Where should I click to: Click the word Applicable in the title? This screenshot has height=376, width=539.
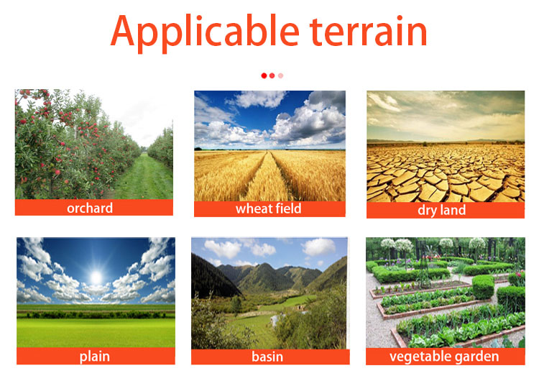click(x=205, y=32)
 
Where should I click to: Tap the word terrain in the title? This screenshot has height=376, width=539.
click(x=368, y=31)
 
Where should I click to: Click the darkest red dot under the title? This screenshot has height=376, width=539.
click(x=264, y=75)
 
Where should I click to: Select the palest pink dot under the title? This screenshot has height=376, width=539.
click(x=281, y=75)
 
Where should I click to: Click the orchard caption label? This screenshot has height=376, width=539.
click(x=90, y=208)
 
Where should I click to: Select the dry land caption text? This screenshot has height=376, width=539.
click(x=442, y=210)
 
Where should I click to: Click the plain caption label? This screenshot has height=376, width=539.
click(x=95, y=357)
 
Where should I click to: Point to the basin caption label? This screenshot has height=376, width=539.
click(x=267, y=357)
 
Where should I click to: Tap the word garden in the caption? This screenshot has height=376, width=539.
click(x=476, y=357)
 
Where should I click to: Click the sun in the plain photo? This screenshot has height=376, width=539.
click(x=96, y=277)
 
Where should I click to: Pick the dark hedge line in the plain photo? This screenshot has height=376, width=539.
click(x=96, y=314)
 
